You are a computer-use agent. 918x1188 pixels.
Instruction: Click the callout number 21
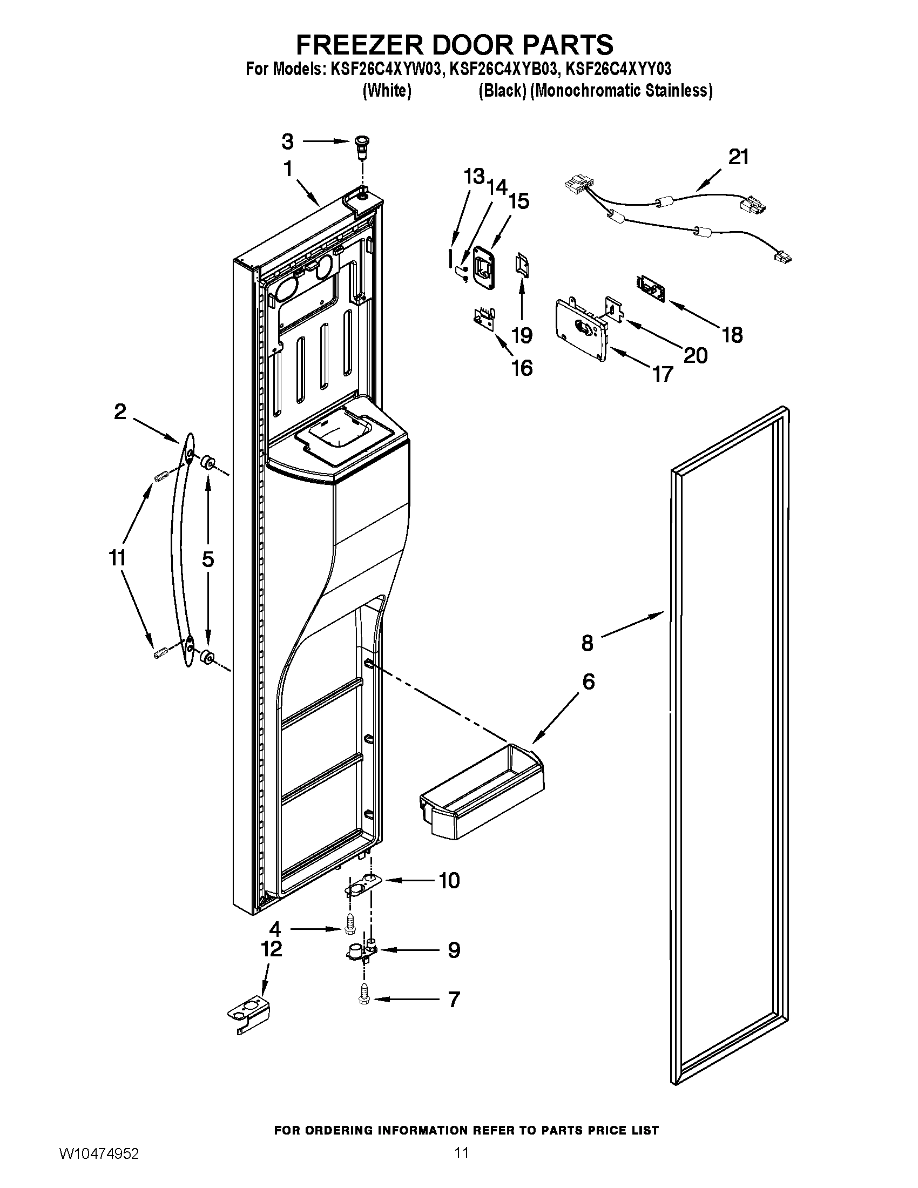739,157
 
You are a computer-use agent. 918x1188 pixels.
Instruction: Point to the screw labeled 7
364,998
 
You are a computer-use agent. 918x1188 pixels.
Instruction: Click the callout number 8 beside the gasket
587,643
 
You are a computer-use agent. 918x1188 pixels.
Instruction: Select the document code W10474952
98,1167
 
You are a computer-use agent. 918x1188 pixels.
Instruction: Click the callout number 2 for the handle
120,411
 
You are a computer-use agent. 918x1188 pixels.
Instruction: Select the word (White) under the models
386,90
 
